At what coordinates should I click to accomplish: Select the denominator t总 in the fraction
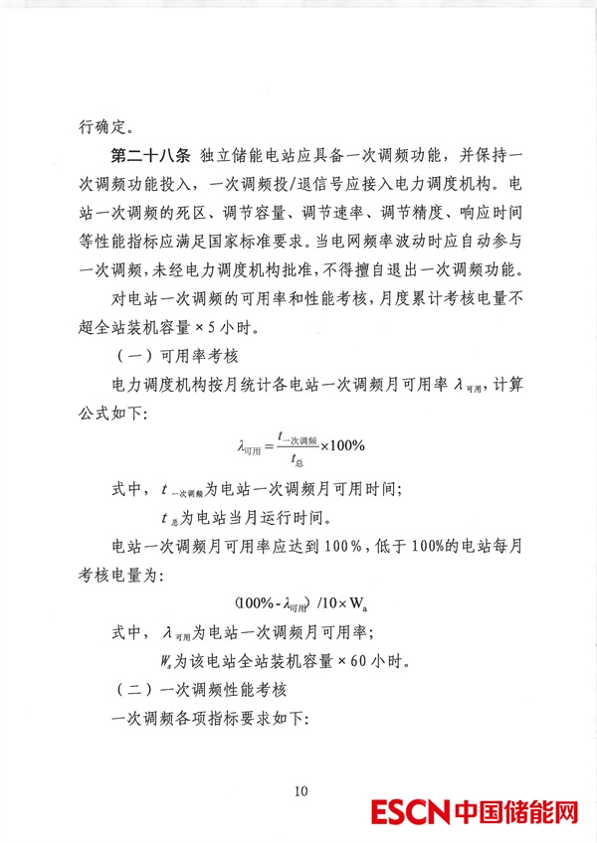pyautogui.click(x=297, y=458)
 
